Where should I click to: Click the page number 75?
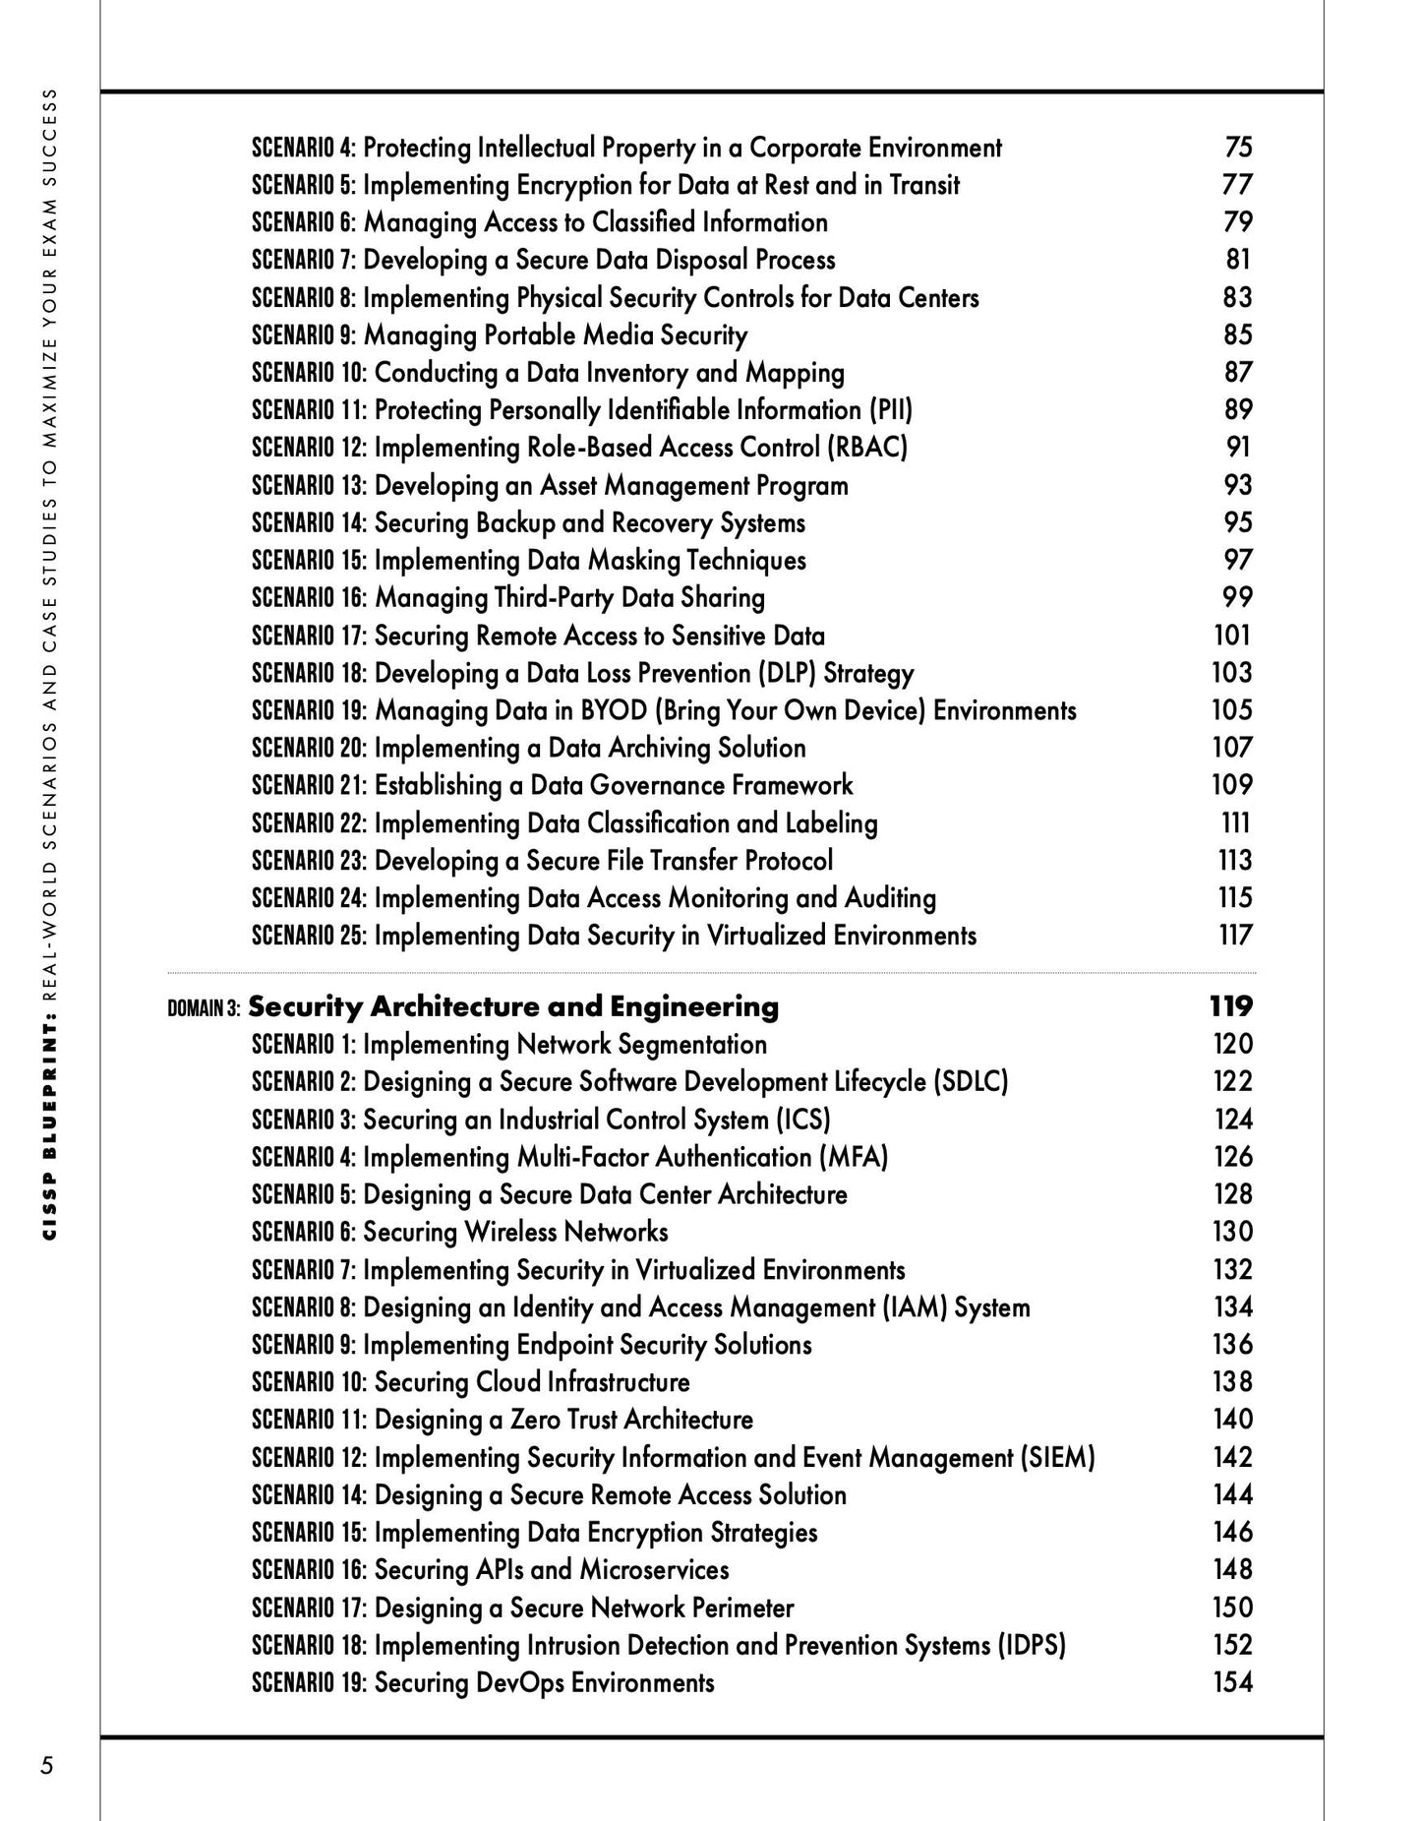pos(1238,147)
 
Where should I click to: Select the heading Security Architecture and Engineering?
pos(513,1006)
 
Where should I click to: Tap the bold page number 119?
pos(1231,1005)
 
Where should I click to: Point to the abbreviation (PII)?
pos(890,409)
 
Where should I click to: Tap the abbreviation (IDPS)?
pos(1032,1645)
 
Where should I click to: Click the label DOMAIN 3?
pos(205,1008)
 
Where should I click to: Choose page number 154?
pos(1232,1682)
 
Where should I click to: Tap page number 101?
pos(1232,635)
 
